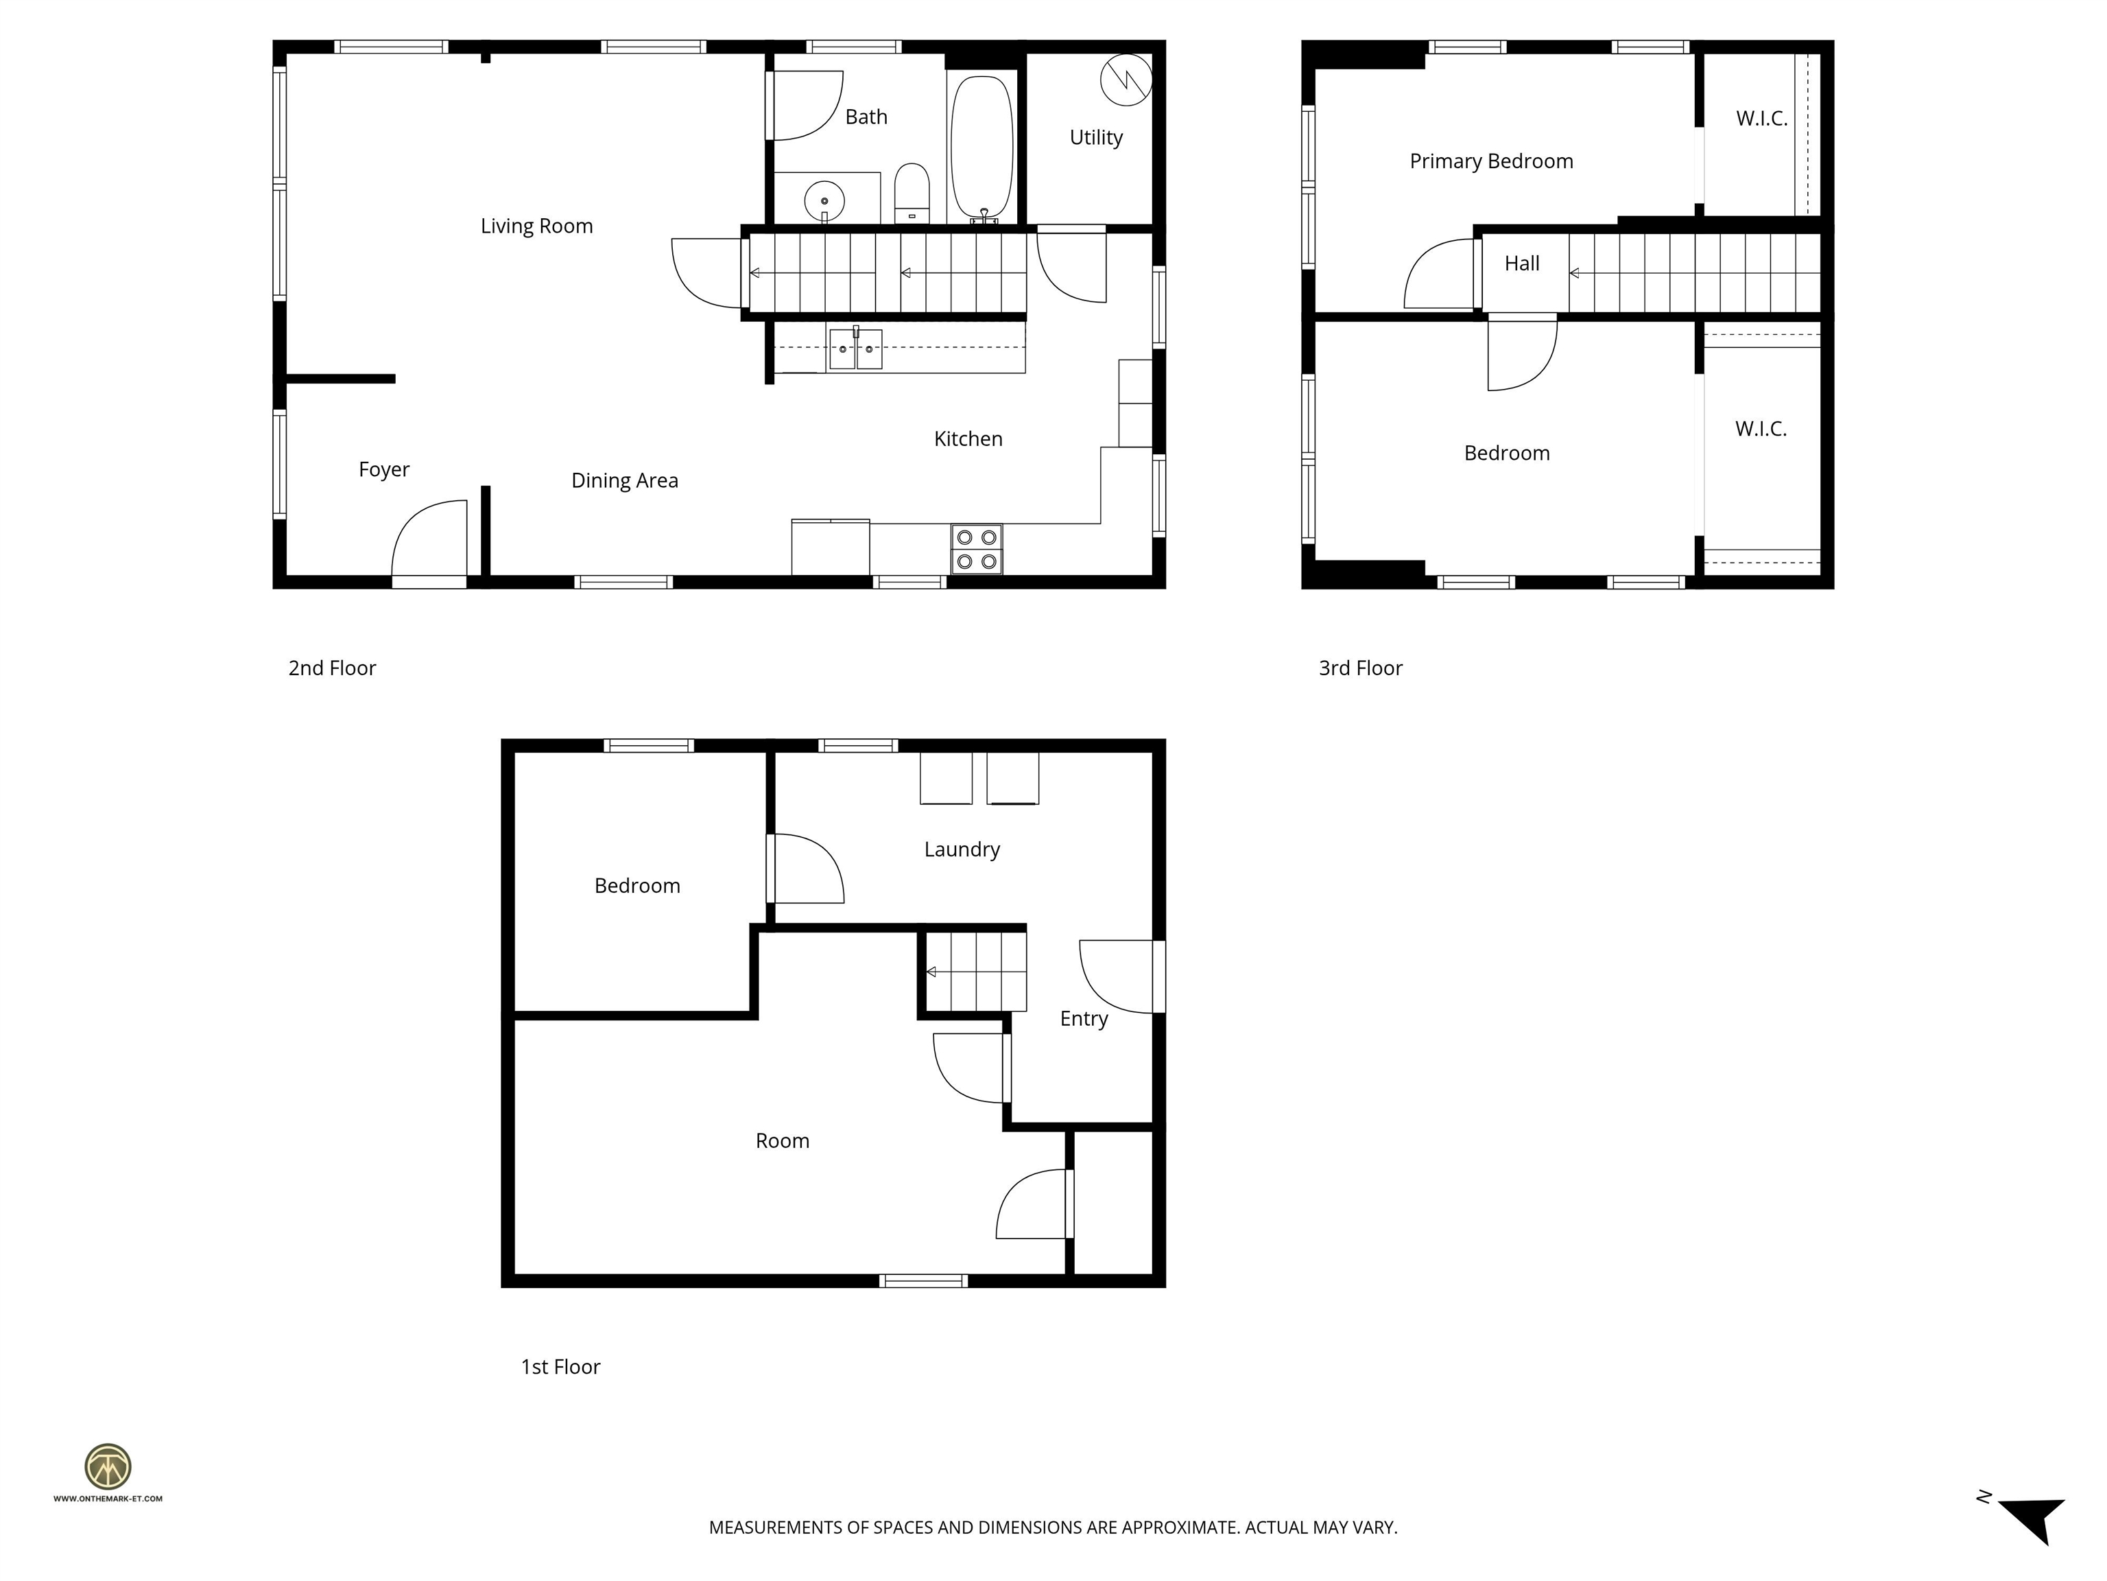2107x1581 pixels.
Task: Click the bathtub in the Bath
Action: pos(981,148)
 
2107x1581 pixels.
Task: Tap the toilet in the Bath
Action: pos(912,191)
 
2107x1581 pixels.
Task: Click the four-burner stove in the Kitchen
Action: pos(977,550)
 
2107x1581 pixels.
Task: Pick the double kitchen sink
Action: pos(855,349)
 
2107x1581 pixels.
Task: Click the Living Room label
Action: pos(536,226)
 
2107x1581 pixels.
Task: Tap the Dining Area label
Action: pos(624,480)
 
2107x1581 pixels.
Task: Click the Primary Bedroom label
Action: pos(1490,161)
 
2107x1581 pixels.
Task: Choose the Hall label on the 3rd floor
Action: pos(1521,263)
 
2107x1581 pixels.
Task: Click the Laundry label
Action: pos(961,849)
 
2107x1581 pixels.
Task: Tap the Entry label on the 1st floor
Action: pos(1083,1019)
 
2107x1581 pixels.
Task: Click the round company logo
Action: pos(108,1466)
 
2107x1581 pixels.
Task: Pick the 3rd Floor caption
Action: pos(1359,668)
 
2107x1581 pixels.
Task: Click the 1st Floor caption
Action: pos(560,1367)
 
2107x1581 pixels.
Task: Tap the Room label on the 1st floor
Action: pos(782,1140)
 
